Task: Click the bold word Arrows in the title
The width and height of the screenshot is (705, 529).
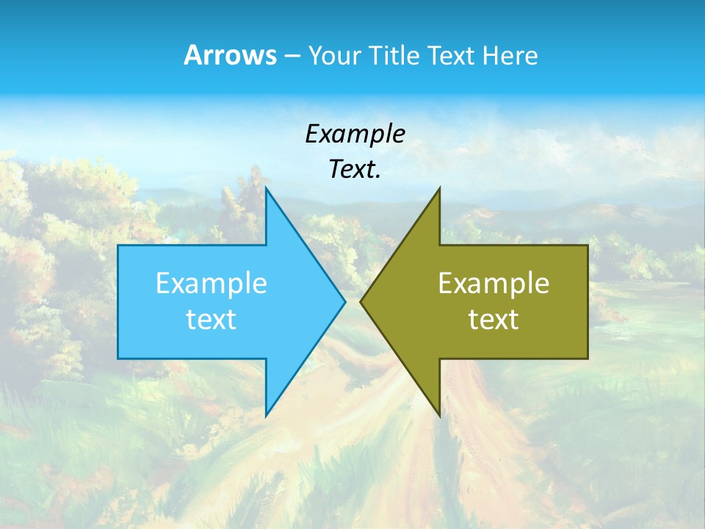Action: [x=230, y=55]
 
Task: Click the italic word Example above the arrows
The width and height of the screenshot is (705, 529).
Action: [x=355, y=134]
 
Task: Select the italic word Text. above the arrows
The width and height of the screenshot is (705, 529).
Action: [x=355, y=170]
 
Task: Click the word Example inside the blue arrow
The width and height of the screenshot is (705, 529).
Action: [x=211, y=284]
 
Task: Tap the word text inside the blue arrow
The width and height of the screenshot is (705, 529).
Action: [x=211, y=320]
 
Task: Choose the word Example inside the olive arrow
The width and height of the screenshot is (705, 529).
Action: [x=493, y=284]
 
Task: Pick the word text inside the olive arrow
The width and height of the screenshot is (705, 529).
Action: [x=493, y=320]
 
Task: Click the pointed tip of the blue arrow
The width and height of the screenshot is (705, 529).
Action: [x=344, y=301]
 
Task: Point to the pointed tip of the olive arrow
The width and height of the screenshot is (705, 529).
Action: [x=361, y=301]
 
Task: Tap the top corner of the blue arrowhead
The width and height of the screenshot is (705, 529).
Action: [x=266, y=188]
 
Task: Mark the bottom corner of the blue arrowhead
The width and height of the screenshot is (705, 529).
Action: [x=266, y=416]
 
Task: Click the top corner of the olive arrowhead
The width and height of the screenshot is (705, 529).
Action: [x=439, y=188]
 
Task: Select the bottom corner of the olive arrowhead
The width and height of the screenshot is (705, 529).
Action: [x=439, y=416]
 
